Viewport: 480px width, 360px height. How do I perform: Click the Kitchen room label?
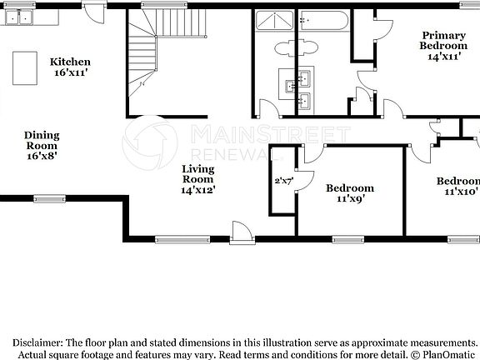point(70,62)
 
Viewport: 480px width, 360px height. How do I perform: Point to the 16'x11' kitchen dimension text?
point(70,72)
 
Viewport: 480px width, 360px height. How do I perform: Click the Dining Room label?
point(42,140)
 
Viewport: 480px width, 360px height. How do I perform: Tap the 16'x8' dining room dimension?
point(42,156)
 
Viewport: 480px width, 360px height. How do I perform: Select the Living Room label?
point(198,173)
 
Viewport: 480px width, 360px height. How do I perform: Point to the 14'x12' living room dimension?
point(198,189)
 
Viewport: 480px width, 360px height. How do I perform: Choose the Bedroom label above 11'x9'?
point(349,188)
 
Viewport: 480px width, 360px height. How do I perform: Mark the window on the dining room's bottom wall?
point(49,198)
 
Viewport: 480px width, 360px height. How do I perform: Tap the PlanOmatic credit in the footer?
point(447,354)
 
